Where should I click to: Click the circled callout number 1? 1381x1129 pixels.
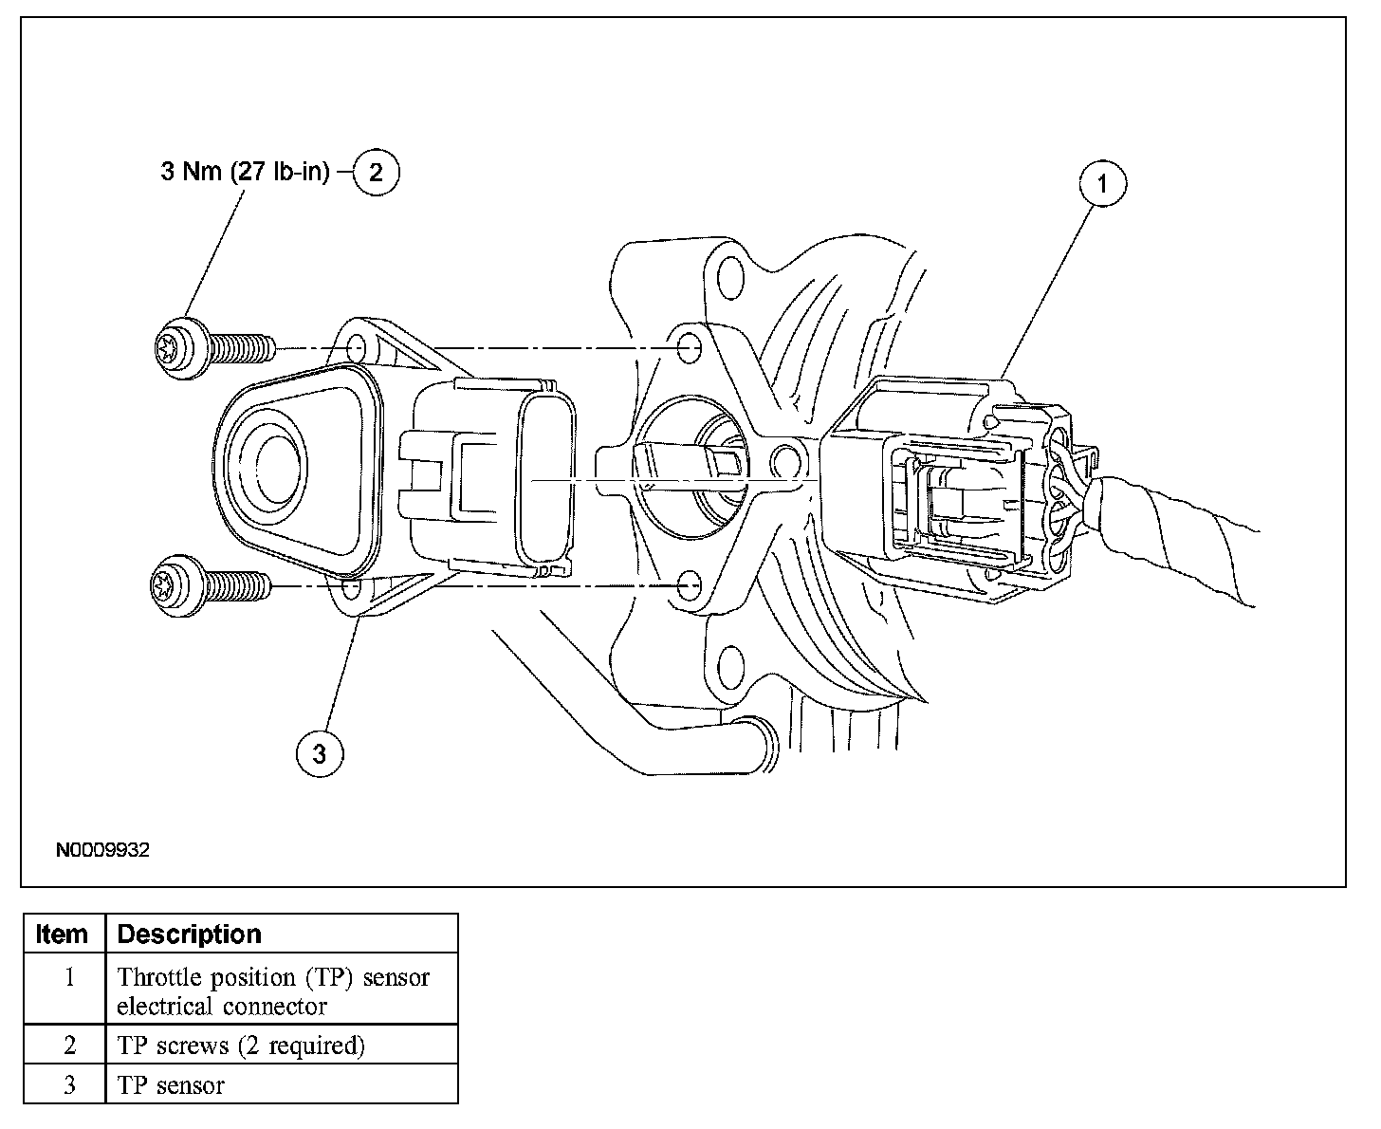pos(1101,185)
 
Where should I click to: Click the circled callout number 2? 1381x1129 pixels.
pos(377,173)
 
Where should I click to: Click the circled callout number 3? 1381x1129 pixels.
pos(319,753)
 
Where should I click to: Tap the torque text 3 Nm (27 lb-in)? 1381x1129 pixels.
pos(245,173)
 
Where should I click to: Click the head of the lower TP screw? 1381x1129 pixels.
pos(175,587)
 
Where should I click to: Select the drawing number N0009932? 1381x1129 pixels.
pos(102,850)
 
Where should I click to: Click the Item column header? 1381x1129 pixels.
pos(63,935)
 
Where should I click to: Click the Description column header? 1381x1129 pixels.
pos(190,935)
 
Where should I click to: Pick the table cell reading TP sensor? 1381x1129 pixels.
pos(172,1085)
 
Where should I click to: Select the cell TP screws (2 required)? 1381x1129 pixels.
pos(241,1046)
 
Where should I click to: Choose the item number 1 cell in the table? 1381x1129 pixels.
pos(68,977)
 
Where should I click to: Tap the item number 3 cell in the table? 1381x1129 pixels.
pos(68,1085)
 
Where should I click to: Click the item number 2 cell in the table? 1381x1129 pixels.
pos(68,1046)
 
